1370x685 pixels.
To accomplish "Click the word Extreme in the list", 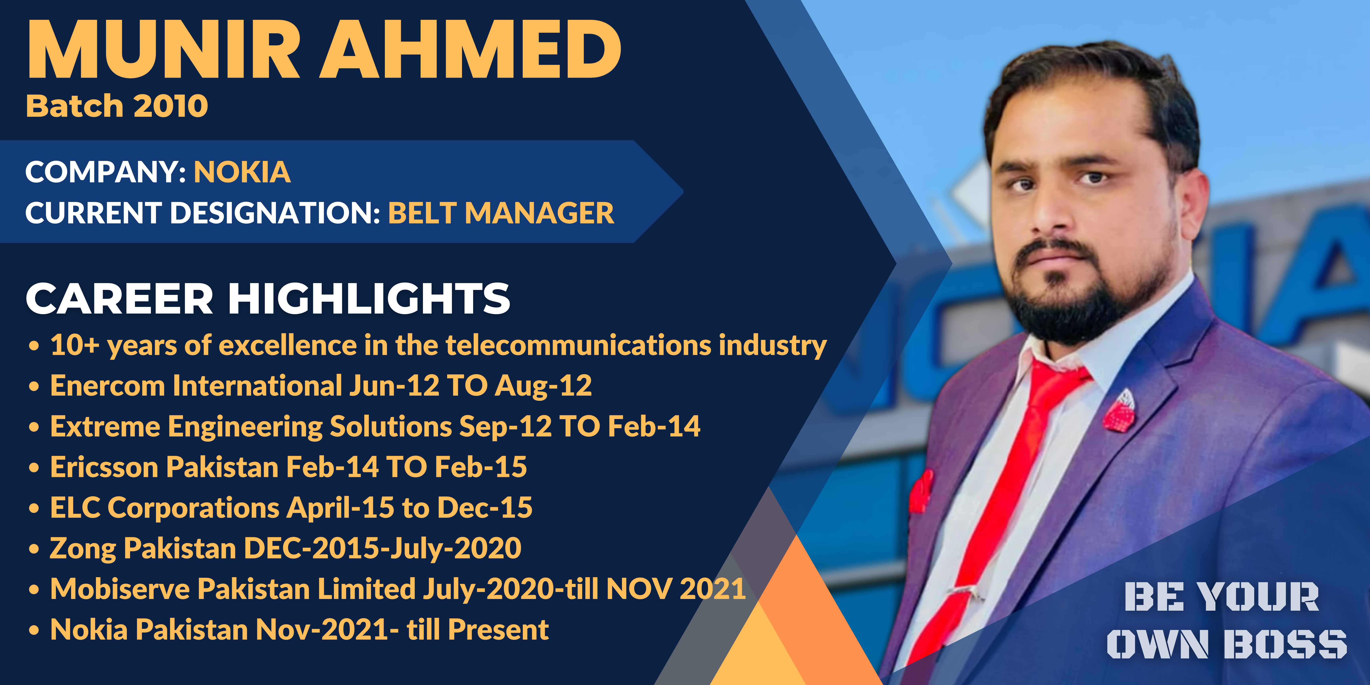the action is [x=105, y=427].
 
